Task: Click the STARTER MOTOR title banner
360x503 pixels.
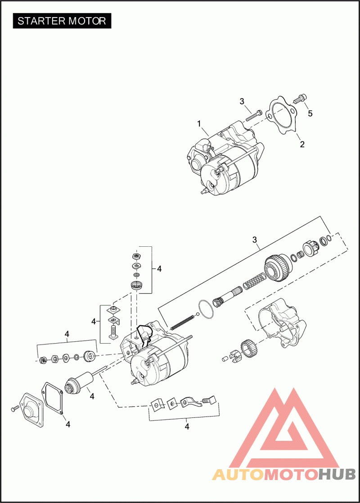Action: click(62, 21)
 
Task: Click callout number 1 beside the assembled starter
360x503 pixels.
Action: click(199, 123)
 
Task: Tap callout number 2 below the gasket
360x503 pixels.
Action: click(302, 145)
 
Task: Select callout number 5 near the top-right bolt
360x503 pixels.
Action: click(310, 113)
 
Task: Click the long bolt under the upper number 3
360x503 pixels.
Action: click(254, 116)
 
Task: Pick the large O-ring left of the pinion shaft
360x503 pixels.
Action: click(206, 309)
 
